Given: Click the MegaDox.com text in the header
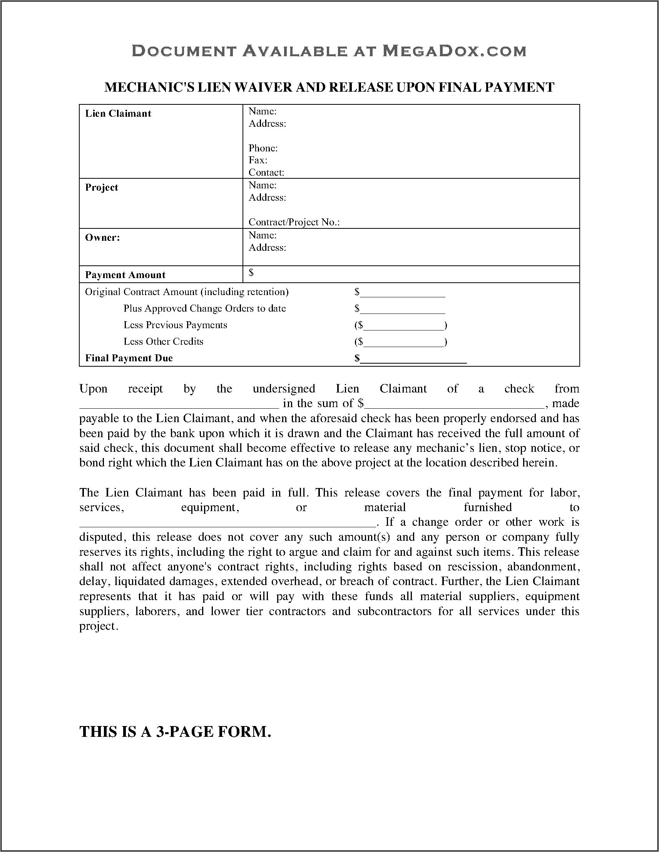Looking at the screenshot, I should [454, 51].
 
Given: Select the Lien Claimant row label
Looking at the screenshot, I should [118, 114].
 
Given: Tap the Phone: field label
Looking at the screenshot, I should [263, 148].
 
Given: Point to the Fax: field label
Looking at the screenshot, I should [258, 160].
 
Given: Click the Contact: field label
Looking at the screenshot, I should [266, 173].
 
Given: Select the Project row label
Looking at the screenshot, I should [101, 188].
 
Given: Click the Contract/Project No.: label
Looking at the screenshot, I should [294, 222].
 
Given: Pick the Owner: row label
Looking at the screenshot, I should [102, 238].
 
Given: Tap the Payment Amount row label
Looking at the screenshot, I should [125, 275].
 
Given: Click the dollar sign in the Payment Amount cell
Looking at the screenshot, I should [251, 273].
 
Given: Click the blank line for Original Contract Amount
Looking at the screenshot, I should [402, 294].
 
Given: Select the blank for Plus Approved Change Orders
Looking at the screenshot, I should [402, 310].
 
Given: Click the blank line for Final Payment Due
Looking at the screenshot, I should [413, 359].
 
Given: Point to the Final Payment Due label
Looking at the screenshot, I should [129, 358].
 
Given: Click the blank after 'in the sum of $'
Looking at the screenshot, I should [454, 404].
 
